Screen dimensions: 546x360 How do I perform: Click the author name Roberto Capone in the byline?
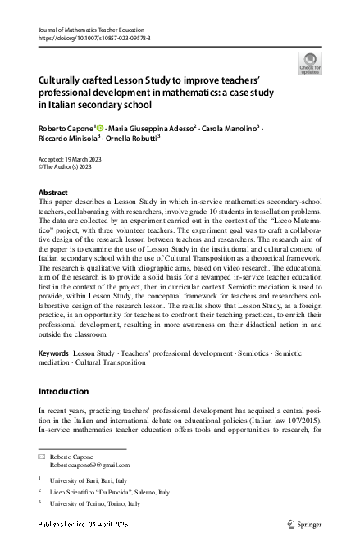[x=66, y=129]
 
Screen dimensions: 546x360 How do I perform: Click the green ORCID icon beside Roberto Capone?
[x=101, y=129]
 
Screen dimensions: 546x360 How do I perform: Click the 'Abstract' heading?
[x=54, y=192]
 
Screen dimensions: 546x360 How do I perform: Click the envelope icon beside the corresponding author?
[x=43, y=455]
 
